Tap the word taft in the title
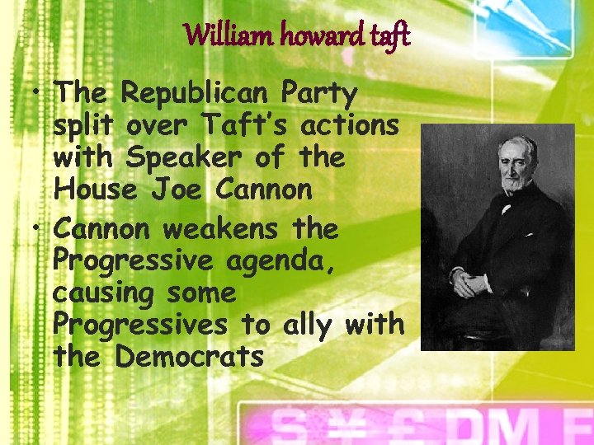[386, 36]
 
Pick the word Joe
[178, 190]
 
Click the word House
[95, 190]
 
